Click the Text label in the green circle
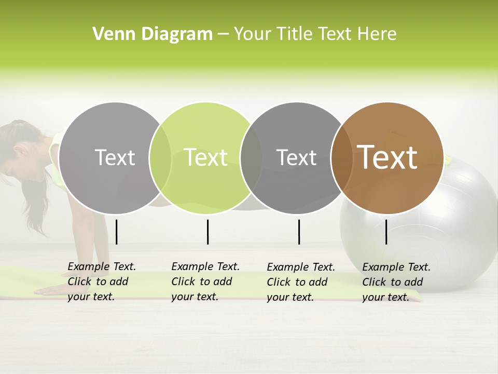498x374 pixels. pyautogui.click(x=205, y=157)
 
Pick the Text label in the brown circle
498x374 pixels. pyautogui.click(x=387, y=157)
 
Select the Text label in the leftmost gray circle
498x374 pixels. pyautogui.click(x=115, y=157)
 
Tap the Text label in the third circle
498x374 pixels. pyautogui.click(x=296, y=157)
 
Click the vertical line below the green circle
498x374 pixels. pyautogui.click(x=208, y=232)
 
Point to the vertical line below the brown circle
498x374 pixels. pyautogui.click(x=386, y=232)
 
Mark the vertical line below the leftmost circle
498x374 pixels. pyautogui.click(x=116, y=232)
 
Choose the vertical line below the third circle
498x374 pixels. pyautogui.click(x=299, y=232)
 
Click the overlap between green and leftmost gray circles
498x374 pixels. pyautogui.click(x=160, y=158)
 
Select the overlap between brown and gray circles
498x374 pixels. pyautogui.click(x=342, y=158)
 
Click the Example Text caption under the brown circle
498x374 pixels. pyautogui.click(x=396, y=282)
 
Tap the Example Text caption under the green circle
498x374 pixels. pyautogui.click(x=205, y=282)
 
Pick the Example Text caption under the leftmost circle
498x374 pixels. pyautogui.click(x=101, y=282)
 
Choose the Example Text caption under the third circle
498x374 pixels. pyautogui.click(x=300, y=282)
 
